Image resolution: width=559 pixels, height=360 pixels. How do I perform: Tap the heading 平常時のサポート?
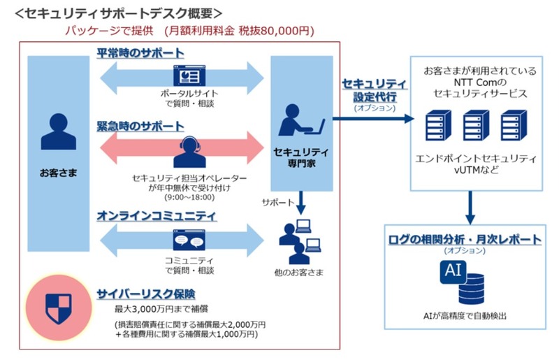point(140,53)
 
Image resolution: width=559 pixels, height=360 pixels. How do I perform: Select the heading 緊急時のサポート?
point(140,127)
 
